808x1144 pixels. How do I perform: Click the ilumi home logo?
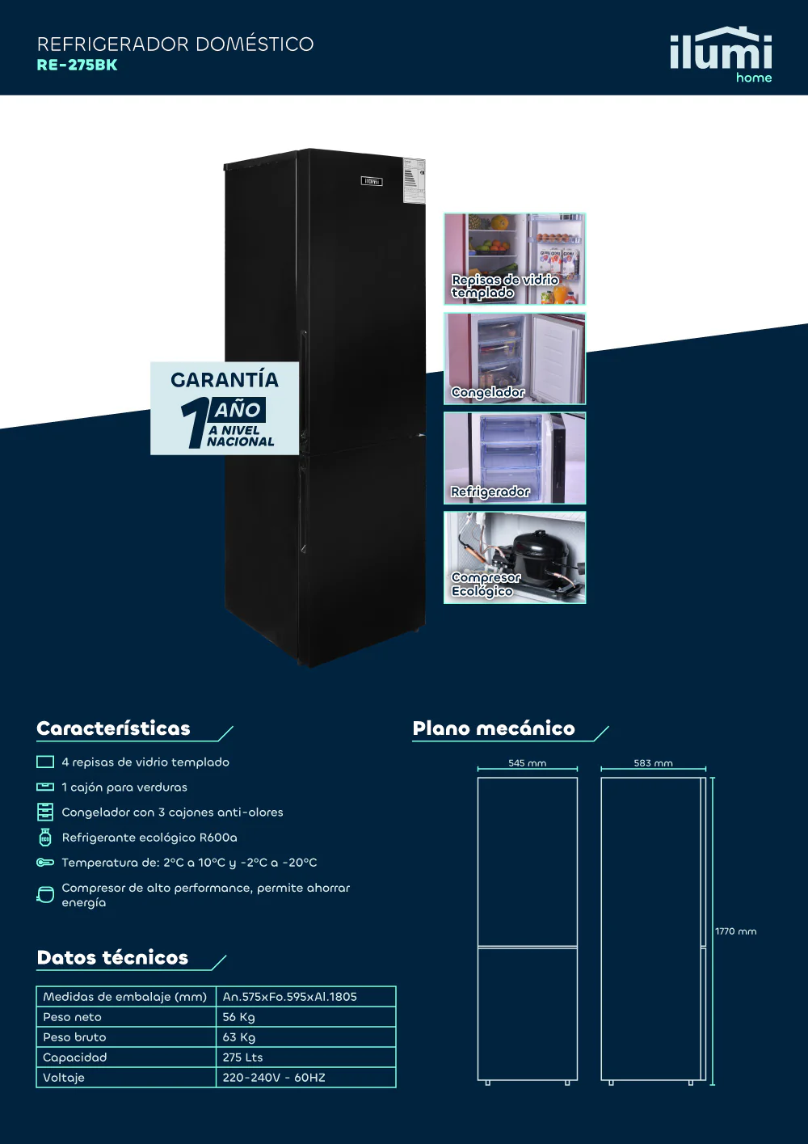click(x=721, y=54)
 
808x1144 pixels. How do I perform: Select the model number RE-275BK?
click(x=77, y=65)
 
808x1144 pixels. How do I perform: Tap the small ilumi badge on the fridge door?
click(x=372, y=181)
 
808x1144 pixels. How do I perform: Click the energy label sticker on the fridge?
click(x=414, y=180)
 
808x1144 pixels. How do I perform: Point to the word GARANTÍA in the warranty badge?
click(x=225, y=379)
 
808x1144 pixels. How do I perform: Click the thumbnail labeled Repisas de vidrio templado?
click(x=515, y=259)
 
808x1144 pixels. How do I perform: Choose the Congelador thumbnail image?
click(x=515, y=358)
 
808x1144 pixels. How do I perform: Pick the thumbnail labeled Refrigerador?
click(x=515, y=458)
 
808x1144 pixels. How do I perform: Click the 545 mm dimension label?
click(x=528, y=763)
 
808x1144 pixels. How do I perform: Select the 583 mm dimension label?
click(x=654, y=763)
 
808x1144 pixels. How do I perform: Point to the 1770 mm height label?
click(x=735, y=931)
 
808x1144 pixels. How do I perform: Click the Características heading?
click(x=113, y=728)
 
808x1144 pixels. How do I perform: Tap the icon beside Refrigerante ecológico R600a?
click(x=45, y=838)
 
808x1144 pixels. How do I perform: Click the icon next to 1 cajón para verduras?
click(x=45, y=787)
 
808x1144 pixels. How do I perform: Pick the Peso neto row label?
click(x=72, y=1017)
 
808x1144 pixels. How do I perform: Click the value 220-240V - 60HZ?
click(x=274, y=1078)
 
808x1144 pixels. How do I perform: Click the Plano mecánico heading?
click(x=494, y=728)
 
